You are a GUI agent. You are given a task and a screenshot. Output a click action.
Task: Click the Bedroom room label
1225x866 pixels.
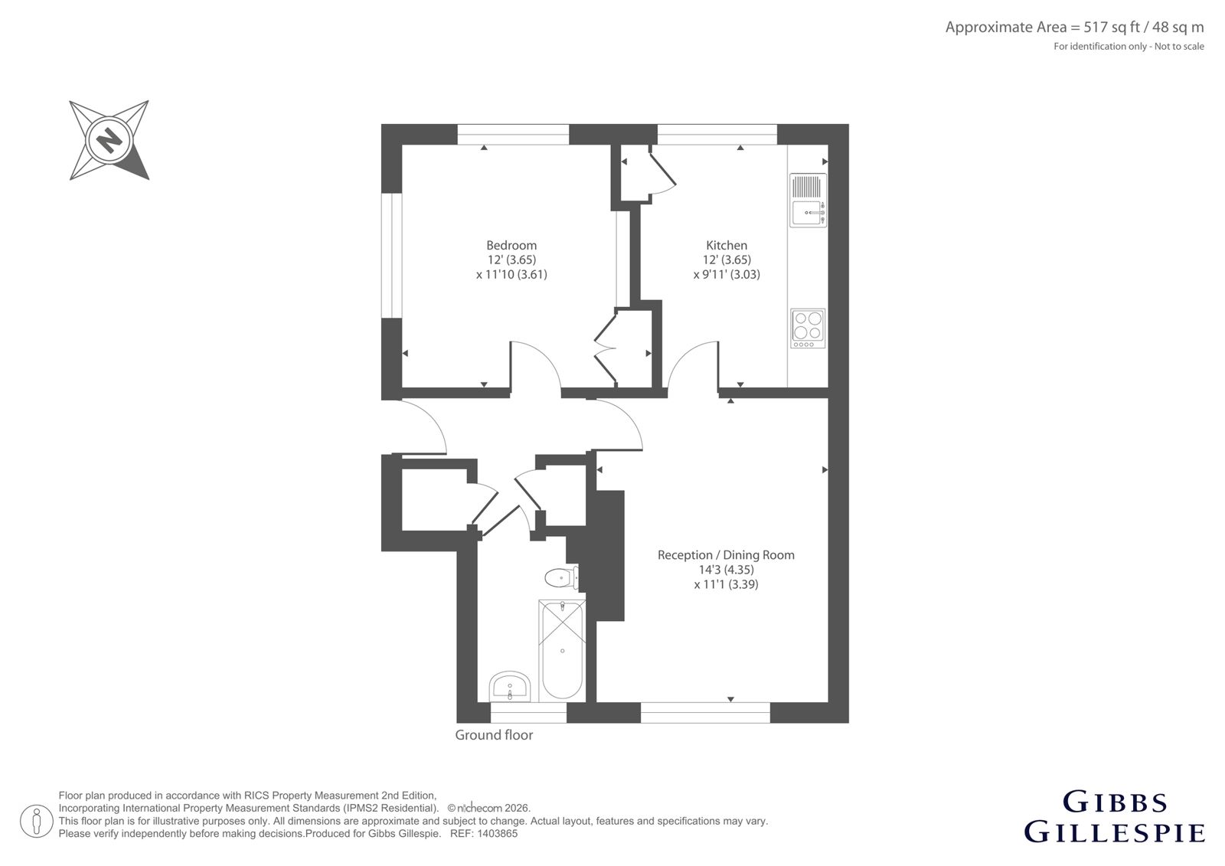[511, 245]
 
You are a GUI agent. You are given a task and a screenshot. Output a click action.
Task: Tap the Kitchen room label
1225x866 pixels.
[727, 245]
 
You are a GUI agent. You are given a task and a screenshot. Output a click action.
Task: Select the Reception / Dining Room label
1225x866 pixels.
[726, 554]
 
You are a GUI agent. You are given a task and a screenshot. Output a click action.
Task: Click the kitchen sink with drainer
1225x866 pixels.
[808, 200]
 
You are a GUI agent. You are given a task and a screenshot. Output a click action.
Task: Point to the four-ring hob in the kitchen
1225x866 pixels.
[808, 328]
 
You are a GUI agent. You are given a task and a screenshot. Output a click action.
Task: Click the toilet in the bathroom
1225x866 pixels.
[562, 577]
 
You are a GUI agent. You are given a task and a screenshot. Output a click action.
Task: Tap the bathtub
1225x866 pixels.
[562, 651]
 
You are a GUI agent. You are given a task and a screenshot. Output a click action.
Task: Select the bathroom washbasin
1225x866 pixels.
[510, 687]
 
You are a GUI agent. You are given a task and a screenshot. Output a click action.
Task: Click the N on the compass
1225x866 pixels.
[109, 140]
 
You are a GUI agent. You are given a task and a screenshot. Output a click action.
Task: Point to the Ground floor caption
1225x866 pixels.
[494, 735]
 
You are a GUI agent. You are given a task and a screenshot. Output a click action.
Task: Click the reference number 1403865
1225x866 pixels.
[497, 834]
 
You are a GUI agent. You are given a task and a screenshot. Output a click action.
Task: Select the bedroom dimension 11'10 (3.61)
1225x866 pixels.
[511, 274]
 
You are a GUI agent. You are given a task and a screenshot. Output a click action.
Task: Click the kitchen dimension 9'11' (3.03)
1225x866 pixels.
[727, 274]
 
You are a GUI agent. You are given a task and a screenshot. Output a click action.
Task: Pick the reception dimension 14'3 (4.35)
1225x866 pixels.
[726, 570]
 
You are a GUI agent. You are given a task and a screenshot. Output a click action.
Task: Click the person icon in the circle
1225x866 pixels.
[37, 821]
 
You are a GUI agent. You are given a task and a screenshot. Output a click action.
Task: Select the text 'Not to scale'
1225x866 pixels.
[1179, 47]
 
